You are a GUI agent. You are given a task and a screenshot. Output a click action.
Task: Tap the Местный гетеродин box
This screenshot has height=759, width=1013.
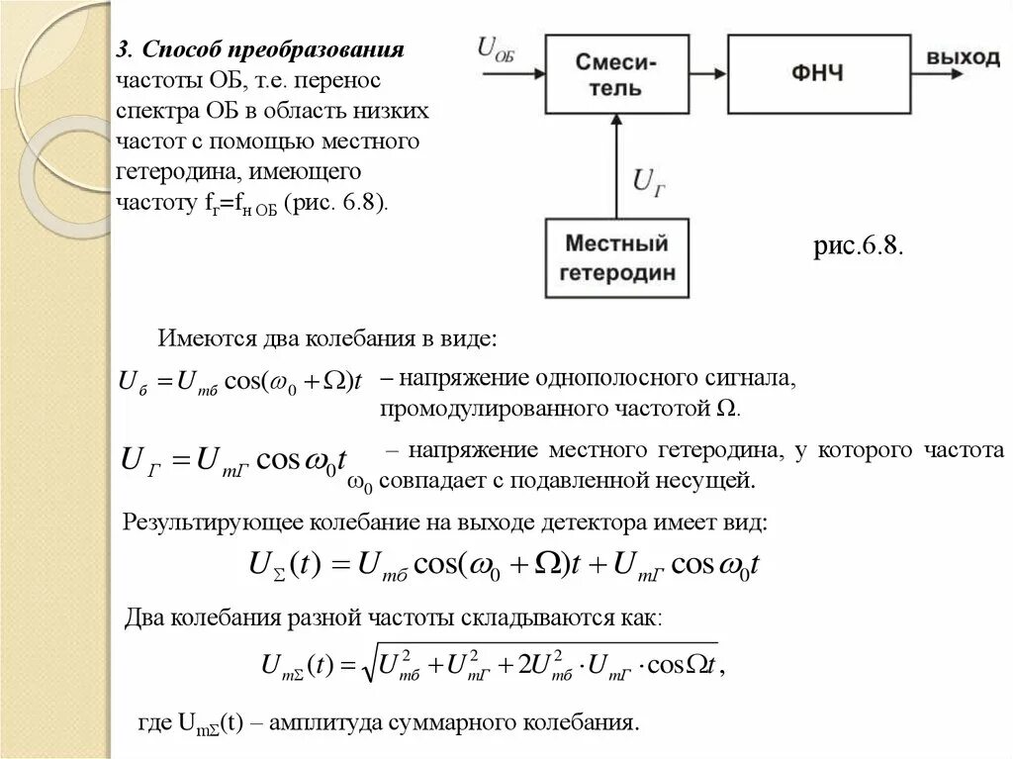pyautogui.click(x=617, y=257)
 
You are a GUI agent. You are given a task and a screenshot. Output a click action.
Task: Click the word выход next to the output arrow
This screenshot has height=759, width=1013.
pyautogui.click(x=963, y=57)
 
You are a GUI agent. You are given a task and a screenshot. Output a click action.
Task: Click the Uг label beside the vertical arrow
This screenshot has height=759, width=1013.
pyautogui.click(x=650, y=181)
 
